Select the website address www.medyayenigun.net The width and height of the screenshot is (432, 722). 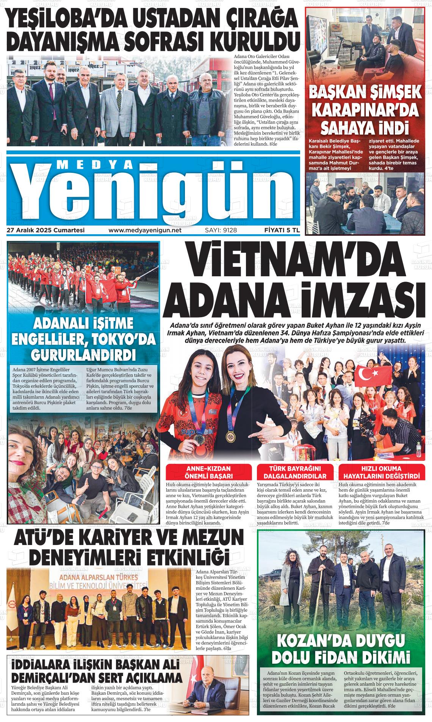(145, 230)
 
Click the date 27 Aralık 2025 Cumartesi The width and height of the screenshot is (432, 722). (45, 230)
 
